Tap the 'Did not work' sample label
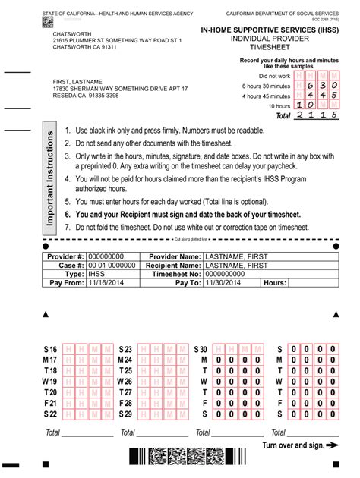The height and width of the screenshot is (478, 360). tap(274, 76)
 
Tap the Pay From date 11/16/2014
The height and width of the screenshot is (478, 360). tap(105, 282)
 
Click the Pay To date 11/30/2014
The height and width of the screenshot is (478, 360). tap(224, 282)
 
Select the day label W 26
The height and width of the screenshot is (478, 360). tap(125, 381)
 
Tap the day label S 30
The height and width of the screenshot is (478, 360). tap(201, 348)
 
